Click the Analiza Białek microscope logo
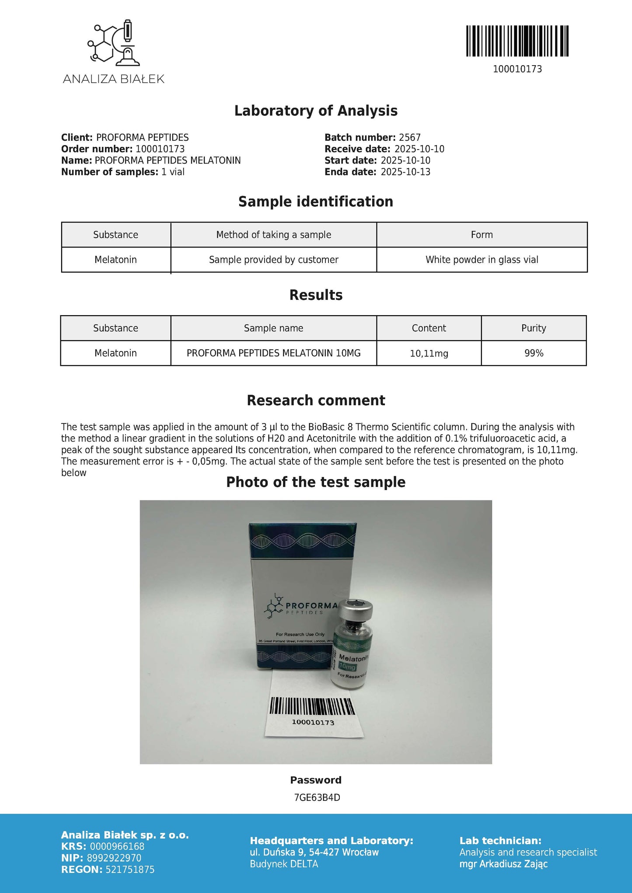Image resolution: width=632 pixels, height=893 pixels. point(113,42)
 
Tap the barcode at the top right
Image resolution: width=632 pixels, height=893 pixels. point(517,41)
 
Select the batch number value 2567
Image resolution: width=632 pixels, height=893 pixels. point(409,138)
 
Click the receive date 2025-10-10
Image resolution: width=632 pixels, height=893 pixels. point(419,149)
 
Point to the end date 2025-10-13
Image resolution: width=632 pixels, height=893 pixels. point(405,172)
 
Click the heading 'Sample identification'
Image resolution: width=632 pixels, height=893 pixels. point(315,202)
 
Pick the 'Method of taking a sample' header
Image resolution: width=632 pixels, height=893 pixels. point(273,235)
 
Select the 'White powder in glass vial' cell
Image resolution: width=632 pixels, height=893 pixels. point(482,260)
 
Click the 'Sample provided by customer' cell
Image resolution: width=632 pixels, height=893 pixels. point(273,260)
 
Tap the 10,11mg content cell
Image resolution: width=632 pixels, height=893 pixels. point(429,353)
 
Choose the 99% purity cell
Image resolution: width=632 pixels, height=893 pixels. point(534,353)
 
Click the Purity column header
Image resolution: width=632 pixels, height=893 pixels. point(534,328)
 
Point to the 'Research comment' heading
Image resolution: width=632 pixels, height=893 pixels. point(316,400)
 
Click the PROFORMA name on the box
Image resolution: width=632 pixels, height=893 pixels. point(311,605)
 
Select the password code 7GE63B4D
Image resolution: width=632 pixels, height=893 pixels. point(317,798)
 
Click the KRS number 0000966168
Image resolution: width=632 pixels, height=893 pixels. point(116,846)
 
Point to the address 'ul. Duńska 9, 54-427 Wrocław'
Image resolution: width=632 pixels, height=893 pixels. point(314,852)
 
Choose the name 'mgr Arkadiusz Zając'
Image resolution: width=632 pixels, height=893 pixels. point(503,864)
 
